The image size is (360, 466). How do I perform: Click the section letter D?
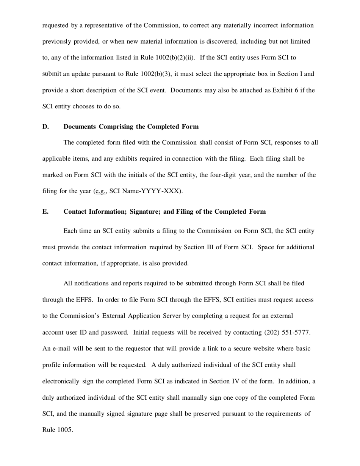click(45, 127)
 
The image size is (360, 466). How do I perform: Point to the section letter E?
click(45, 211)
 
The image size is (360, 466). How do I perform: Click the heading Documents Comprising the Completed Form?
click(131, 127)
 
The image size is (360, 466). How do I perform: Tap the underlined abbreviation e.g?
click(100, 191)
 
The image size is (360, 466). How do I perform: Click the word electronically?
click(61, 381)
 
